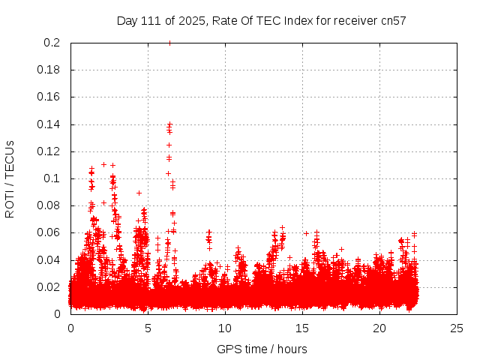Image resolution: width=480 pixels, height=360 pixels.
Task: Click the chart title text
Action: click(x=261, y=20)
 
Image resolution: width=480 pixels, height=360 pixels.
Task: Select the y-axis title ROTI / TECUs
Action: click(x=10, y=178)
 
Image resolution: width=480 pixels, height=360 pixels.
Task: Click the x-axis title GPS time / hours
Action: click(x=262, y=349)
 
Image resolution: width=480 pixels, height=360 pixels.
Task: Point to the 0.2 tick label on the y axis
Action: click(x=52, y=43)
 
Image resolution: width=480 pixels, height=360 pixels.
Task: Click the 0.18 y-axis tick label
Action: click(x=49, y=70)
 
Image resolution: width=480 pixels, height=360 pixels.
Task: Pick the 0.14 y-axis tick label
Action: click(x=49, y=124)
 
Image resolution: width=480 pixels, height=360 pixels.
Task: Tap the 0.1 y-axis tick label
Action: click(x=52, y=178)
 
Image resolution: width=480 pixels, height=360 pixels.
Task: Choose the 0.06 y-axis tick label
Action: click(x=49, y=232)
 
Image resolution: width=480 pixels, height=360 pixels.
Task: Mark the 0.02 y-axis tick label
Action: click(x=49, y=286)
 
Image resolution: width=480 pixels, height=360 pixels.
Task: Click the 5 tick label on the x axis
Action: click(x=148, y=328)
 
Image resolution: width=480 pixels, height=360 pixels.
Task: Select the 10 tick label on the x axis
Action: click(x=225, y=328)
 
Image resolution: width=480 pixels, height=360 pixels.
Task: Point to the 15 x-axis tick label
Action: click(x=302, y=328)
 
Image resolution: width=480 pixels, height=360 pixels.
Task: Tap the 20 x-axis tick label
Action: click(x=379, y=328)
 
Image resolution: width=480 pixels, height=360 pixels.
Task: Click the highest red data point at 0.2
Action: click(x=169, y=43)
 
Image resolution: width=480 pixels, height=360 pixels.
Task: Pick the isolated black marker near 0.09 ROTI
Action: click(x=139, y=193)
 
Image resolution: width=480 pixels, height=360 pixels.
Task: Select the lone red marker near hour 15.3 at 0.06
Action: click(x=306, y=233)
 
